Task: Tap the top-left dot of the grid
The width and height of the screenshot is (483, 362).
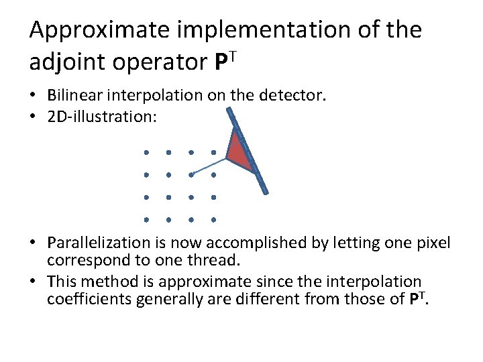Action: (x=146, y=152)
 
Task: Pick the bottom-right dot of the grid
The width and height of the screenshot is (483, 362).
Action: (x=213, y=219)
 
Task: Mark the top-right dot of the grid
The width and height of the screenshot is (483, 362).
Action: (x=213, y=152)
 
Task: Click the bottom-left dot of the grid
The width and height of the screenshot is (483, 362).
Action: (x=146, y=219)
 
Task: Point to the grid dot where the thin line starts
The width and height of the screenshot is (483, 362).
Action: (x=191, y=175)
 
